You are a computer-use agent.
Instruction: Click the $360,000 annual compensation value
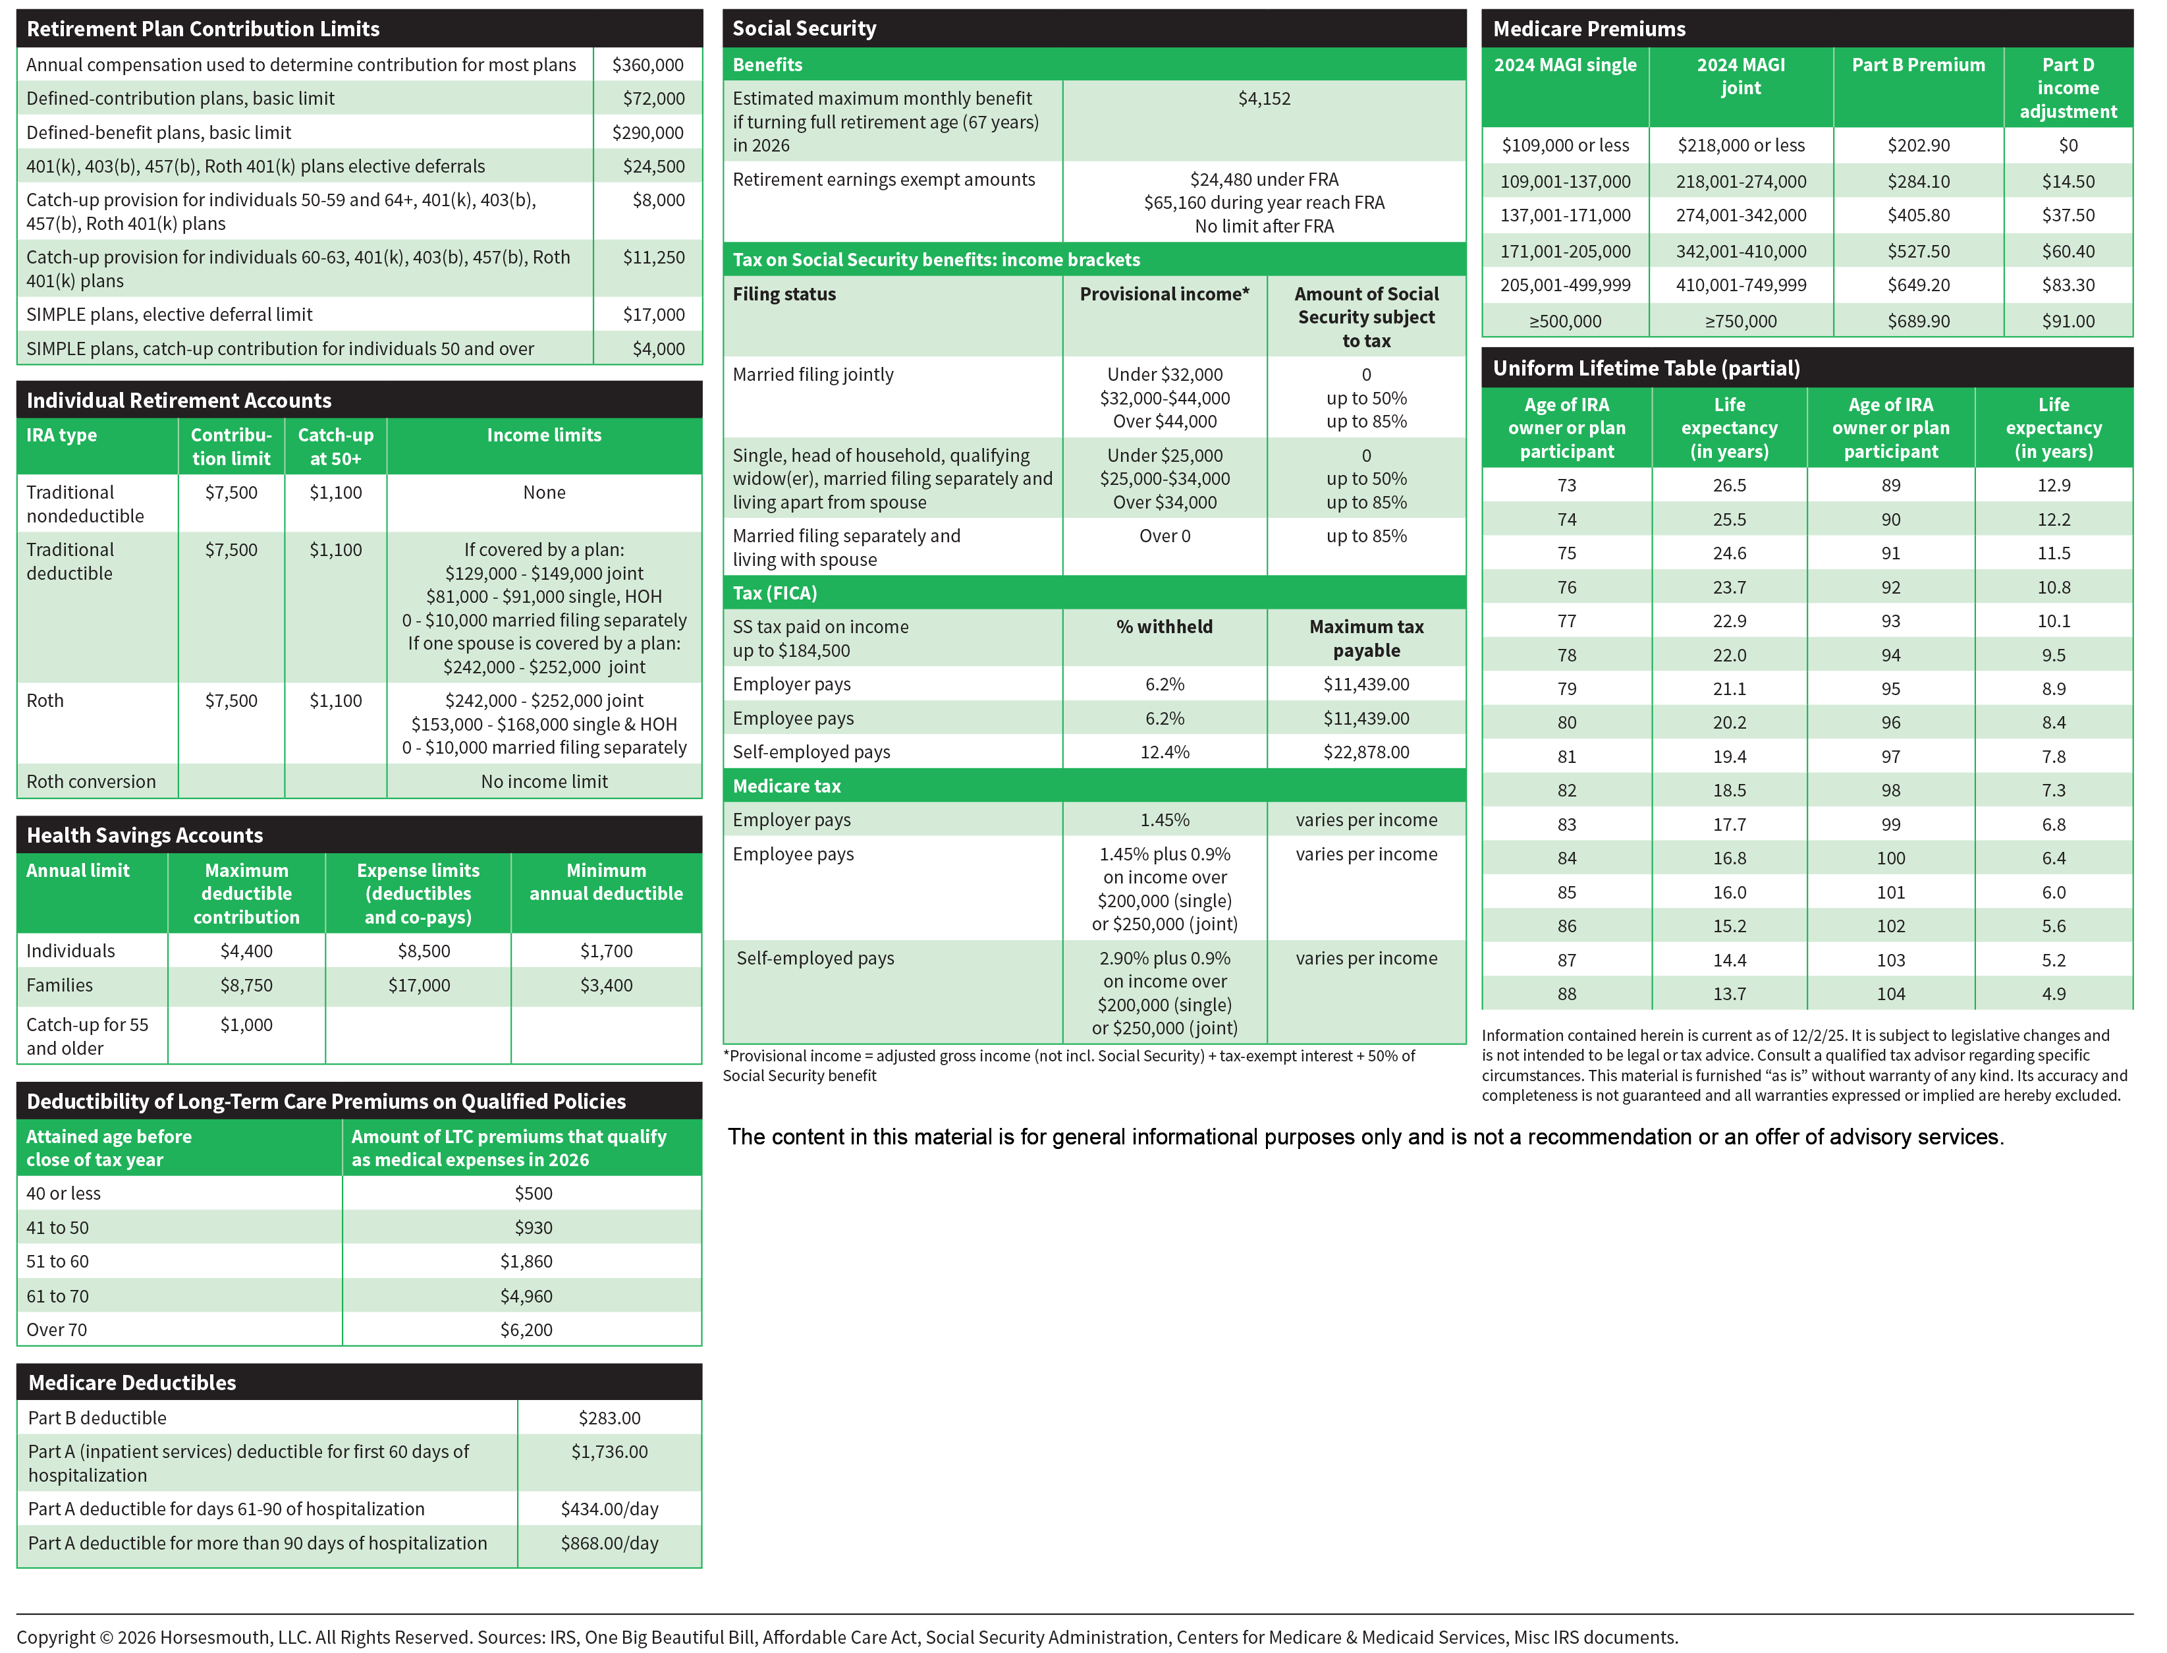pos(647,65)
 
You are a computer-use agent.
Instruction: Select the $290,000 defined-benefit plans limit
pos(647,133)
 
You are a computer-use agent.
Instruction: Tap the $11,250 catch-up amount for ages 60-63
pos(653,258)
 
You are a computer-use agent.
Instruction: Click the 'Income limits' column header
pos(544,435)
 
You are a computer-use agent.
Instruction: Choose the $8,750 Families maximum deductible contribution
pos(246,985)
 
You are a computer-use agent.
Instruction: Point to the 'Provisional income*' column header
pos(1164,294)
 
